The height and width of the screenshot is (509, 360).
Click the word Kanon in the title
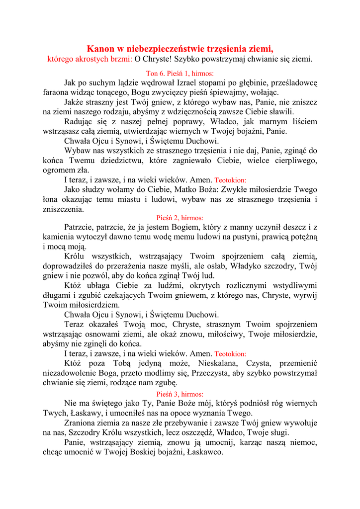[x=101, y=49]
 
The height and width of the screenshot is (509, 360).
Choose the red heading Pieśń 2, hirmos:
[x=180, y=218]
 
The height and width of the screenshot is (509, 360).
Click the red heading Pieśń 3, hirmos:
[x=180, y=394]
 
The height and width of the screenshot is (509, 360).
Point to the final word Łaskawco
[x=204, y=452]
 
